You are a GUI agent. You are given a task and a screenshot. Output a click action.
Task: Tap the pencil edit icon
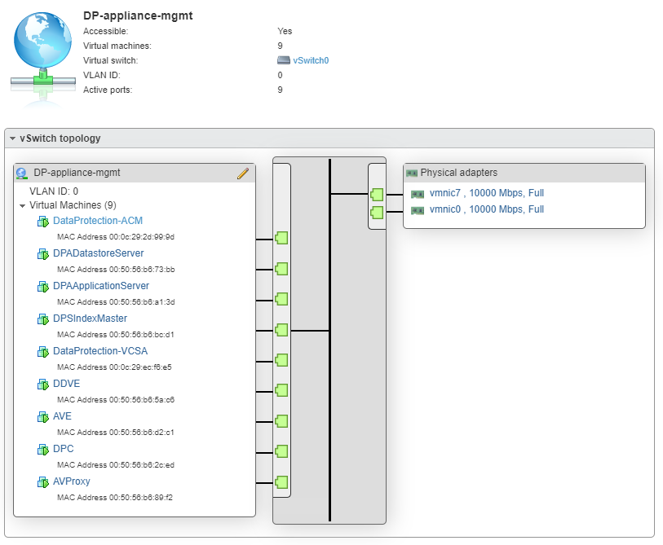pyautogui.click(x=242, y=173)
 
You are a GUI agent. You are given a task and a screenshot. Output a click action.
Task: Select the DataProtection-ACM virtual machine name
pyautogui.click(x=98, y=221)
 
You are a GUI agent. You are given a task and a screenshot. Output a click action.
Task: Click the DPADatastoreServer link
pyautogui.click(x=98, y=253)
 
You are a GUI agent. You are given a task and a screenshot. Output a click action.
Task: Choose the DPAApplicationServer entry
pyautogui.click(x=101, y=286)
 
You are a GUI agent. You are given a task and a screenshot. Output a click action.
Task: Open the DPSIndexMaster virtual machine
pyautogui.click(x=90, y=319)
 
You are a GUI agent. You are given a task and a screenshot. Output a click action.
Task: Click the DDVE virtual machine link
pyautogui.click(x=66, y=384)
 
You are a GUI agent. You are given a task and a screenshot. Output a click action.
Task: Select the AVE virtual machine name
pyautogui.click(x=62, y=416)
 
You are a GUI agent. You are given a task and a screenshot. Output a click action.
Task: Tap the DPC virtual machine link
pyautogui.click(x=63, y=449)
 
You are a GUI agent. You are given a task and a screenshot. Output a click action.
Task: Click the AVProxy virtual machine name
pyautogui.click(x=72, y=481)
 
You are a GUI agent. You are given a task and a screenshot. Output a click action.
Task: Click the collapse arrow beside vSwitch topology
pyautogui.click(x=12, y=138)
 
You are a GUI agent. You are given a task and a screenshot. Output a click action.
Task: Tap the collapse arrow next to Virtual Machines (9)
pyautogui.click(x=23, y=206)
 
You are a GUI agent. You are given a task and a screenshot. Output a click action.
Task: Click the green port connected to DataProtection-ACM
pyautogui.click(x=281, y=239)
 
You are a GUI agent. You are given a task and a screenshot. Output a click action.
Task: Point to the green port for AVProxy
pyautogui.click(x=281, y=481)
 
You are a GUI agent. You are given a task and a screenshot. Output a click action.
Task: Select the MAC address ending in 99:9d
pyautogui.click(x=126, y=237)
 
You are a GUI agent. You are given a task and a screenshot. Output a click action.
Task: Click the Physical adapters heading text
pyautogui.click(x=458, y=173)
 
